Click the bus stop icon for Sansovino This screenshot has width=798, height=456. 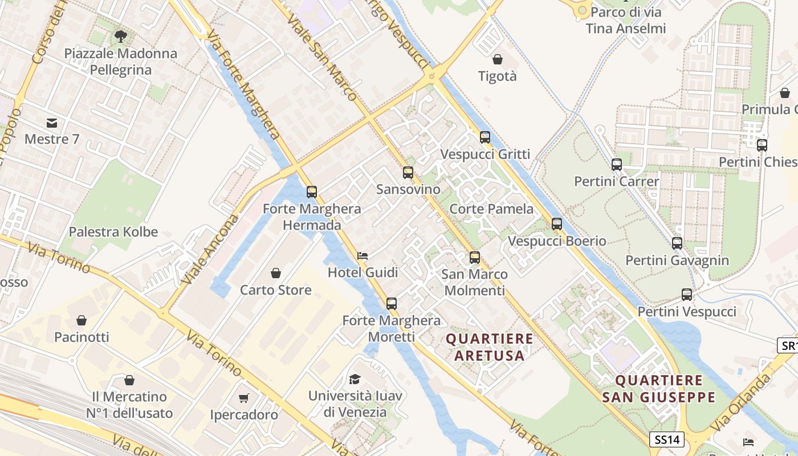coord(408,172)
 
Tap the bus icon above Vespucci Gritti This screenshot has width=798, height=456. coord(484,137)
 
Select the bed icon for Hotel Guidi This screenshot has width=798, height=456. coord(363,256)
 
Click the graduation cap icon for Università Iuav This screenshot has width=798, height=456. coord(355,379)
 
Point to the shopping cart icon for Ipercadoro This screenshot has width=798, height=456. coord(244,398)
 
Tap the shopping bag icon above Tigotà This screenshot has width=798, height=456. coord(498,59)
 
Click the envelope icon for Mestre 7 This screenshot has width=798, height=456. coord(52,123)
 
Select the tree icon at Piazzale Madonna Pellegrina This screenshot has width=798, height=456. coord(120,37)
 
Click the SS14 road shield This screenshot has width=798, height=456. coord(666,439)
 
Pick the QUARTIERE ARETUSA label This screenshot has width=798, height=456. coord(489,347)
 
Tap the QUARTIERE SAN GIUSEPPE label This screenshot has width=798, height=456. coord(658,389)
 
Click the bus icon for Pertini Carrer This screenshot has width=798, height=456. coord(616,165)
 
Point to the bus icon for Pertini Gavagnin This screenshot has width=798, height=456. coord(677,243)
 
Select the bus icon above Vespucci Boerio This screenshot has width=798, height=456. coord(557,224)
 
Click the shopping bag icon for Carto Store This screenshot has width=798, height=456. coord(276,273)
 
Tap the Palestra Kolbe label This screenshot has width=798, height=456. coord(113,232)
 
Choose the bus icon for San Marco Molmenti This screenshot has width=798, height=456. coord(475,257)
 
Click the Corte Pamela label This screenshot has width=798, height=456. coord(491,209)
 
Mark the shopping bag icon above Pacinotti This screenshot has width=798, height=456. coord(82,320)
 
